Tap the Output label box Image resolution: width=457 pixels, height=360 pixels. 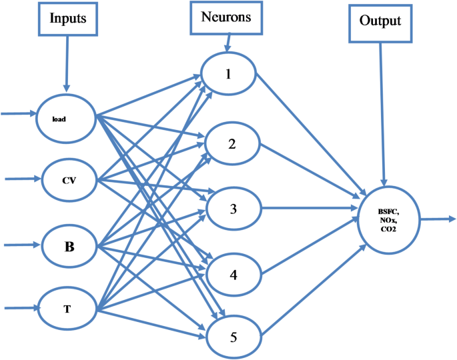380,21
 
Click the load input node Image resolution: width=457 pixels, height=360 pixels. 67,119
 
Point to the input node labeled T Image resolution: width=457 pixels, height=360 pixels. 68,309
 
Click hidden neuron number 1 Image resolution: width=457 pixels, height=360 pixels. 229,73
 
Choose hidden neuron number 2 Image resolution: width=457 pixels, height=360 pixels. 232,142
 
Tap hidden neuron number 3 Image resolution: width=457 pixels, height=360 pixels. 233,208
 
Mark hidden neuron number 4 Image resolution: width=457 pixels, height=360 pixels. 233,273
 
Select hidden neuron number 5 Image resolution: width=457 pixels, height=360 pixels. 233,336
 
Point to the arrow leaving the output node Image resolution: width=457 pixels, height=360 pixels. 437,219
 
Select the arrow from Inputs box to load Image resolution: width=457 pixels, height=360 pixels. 67,63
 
